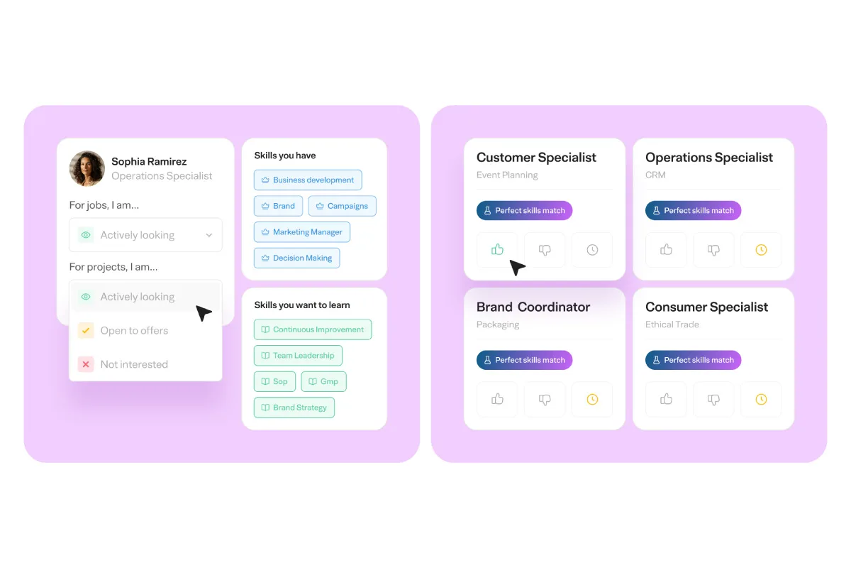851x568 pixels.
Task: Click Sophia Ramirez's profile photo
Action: (x=87, y=168)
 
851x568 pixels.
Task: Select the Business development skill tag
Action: (x=308, y=180)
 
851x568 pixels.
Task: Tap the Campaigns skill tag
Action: (x=343, y=206)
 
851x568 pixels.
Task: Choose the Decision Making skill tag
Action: (x=297, y=258)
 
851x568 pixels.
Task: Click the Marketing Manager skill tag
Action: (x=302, y=232)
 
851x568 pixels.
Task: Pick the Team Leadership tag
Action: (x=298, y=356)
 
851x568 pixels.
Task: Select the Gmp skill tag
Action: (x=323, y=381)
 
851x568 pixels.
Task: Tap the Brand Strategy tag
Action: (x=294, y=408)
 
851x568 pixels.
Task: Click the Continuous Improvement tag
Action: (x=313, y=329)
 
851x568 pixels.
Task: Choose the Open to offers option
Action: (x=134, y=331)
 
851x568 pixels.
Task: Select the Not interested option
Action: (x=134, y=364)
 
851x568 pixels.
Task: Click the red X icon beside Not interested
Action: (x=86, y=364)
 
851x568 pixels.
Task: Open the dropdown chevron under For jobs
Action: (x=209, y=235)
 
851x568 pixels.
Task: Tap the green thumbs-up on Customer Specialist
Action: (x=497, y=250)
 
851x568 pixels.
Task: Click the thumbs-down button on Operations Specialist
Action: (x=713, y=250)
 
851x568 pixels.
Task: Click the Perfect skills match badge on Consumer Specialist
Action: (x=693, y=360)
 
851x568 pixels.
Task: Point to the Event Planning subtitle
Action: (x=507, y=175)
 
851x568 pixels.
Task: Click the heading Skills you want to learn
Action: (x=302, y=305)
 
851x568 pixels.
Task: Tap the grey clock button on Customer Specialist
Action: (x=592, y=250)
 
